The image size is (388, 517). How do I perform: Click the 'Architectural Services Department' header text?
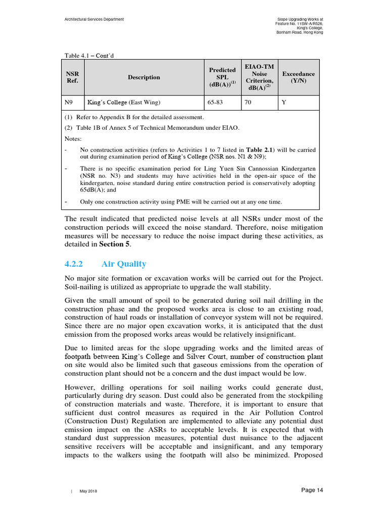[94, 19]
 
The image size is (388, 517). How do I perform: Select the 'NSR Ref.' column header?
[73, 77]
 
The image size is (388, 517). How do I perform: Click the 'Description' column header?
[144, 77]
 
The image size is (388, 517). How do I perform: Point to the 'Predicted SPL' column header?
[222, 77]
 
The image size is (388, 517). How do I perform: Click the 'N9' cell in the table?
[70, 102]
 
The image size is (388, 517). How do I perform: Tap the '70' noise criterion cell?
[248, 102]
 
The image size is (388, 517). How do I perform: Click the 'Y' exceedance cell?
[283, 102]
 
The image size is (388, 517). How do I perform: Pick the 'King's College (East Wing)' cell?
[124, 102]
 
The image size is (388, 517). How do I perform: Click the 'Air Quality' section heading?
[124, 264]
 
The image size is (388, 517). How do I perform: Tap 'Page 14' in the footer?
[312, 490]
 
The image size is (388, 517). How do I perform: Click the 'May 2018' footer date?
[88, 491]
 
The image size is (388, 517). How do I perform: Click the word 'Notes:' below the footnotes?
[73, 138]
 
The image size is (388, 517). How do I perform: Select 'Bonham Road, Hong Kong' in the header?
[300, 32]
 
